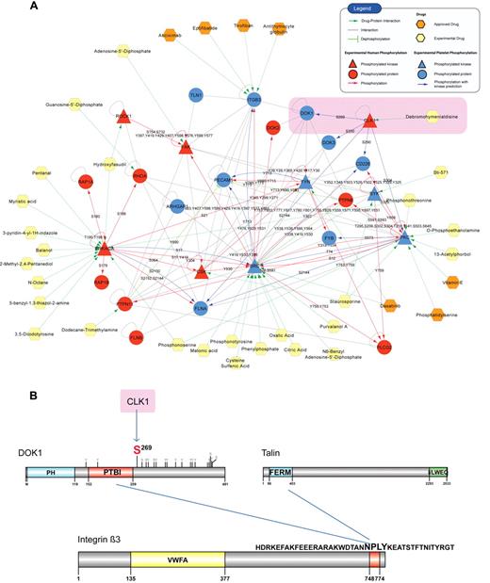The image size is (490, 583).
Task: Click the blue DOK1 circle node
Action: click(x=307, y=113)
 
